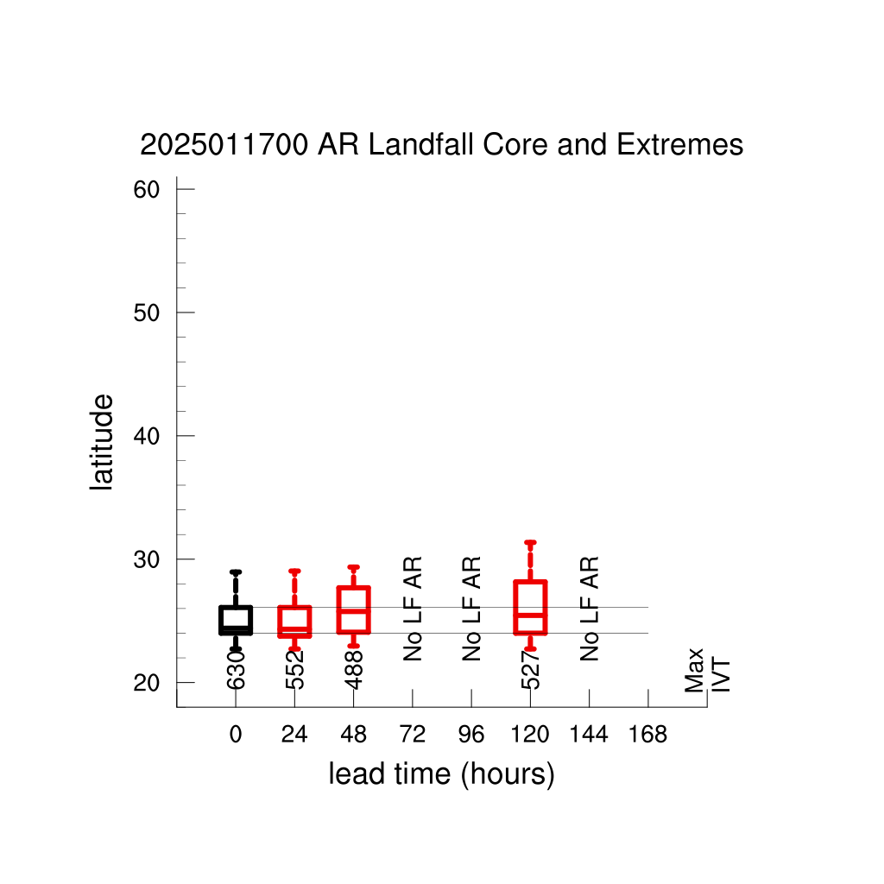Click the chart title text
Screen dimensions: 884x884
point(441,145)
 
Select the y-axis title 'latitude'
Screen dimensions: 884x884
point(102,442)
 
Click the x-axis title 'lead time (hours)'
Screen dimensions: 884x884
point(441,774)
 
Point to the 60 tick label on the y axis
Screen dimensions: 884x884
point(147,190)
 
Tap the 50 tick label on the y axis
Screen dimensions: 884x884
point(147,313)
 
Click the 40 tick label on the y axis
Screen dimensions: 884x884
point(147,436)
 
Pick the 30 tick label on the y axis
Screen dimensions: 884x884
point(147,559)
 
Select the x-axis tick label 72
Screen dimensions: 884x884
point(412,735)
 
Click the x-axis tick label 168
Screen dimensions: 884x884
point(647,735)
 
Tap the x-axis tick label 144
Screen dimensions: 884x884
point(589,735)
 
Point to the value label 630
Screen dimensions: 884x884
point(236,670)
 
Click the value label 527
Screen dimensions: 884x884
point(531,670)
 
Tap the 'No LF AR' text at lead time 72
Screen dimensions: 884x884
point(413,609)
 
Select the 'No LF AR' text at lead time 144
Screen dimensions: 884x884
point(590,609)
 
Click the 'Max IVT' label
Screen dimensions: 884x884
point(708,670)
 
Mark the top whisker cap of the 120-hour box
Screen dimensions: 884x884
point(531,542)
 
